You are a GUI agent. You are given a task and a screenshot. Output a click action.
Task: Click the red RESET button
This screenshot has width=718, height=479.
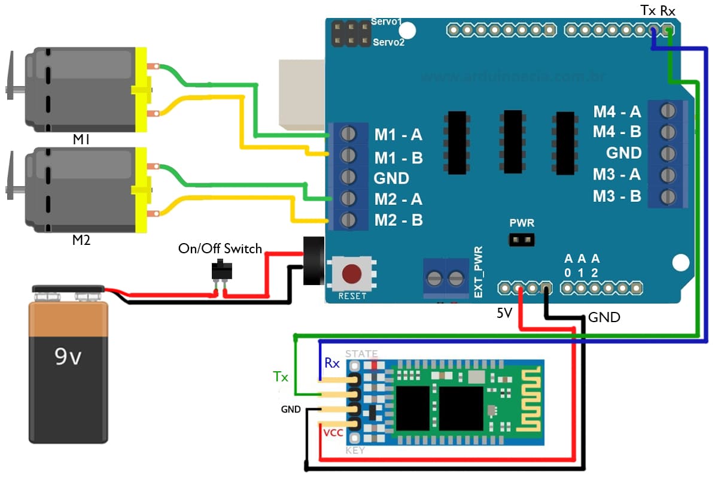click(x=351, y=274)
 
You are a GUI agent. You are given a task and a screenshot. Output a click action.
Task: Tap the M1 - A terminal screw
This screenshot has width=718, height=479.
click(x=348, y=135)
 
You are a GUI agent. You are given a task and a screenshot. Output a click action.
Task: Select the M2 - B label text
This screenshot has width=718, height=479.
click(x=398, y=220)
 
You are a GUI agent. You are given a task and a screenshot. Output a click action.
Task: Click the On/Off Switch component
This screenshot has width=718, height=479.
click(x=220, y=271)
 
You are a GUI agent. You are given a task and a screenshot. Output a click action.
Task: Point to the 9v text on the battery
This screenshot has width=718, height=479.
click(x=68, y=357)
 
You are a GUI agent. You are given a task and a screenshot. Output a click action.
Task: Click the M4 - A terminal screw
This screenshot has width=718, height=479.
click(x=668, y=111)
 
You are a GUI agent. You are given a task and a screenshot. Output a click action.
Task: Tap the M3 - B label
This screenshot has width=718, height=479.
click(x=617, y=196)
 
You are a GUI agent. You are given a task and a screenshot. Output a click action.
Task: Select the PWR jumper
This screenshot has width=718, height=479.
click(x=521, y=240)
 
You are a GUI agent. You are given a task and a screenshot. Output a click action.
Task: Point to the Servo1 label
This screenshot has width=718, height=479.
click(x=388, y=22)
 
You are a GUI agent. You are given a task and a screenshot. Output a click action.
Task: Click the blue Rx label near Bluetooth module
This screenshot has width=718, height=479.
click(x=332, y=363)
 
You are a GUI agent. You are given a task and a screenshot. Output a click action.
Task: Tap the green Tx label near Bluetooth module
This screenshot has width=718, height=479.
click(x=281, y=377)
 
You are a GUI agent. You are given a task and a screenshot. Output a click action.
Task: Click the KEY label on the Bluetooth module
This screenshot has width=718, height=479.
click(x=355, y=450)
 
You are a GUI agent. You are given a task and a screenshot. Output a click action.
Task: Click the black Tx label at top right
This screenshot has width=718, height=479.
click(x=647, y=11)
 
